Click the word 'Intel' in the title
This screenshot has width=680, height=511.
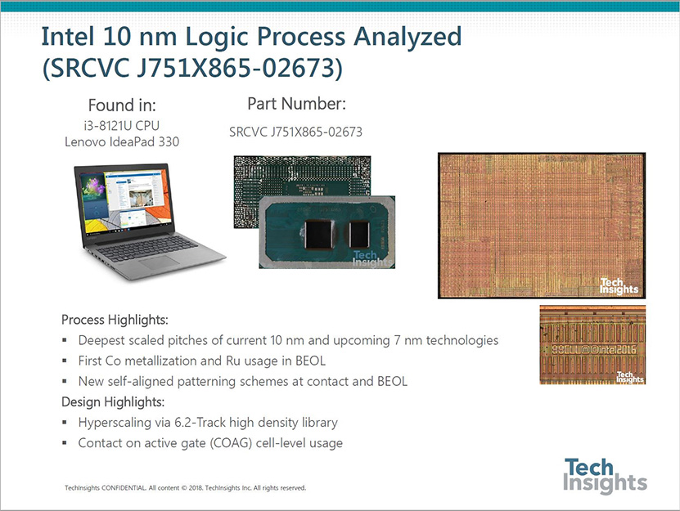[68, 37]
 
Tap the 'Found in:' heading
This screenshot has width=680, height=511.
[122, 105]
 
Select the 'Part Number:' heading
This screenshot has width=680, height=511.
[297, 104]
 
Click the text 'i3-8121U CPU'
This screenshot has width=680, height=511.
[122, 126]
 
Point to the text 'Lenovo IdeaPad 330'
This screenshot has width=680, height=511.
[122, 141]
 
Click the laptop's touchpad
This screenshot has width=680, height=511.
[160, 262]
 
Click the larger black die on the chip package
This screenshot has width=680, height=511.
[318, 235]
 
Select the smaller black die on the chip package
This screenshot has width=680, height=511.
[359, 235]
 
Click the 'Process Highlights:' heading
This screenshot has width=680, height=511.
[115, 320]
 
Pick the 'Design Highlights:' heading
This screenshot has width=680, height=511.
[113, 402]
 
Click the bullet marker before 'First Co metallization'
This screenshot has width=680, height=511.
[65, 361]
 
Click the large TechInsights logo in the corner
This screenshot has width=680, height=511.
[605, 476]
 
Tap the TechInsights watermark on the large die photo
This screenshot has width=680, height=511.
[619, 286]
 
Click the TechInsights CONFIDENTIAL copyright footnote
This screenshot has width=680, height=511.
[185, 488]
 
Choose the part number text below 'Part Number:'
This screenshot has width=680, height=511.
[295, 132]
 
